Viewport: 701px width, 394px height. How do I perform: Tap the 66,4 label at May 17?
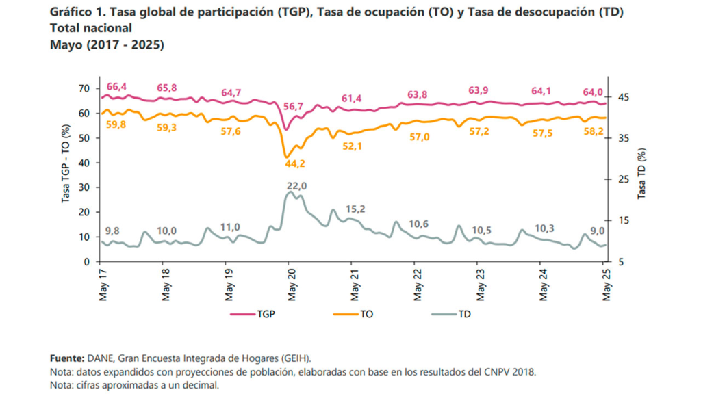click(117, 87)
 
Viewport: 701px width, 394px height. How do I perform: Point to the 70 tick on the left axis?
click(84, 88)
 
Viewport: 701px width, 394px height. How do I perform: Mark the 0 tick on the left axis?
click(87, 262)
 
